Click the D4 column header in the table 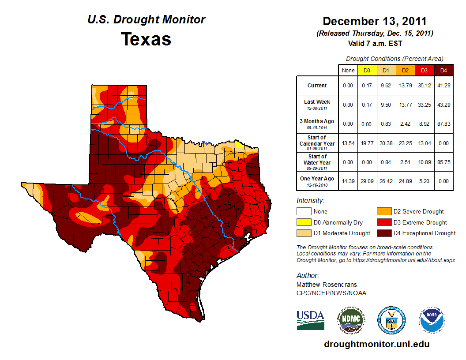pos(443,70)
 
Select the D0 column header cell pos(367,70)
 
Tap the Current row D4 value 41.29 pos(443,86)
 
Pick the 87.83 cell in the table pos(443,124)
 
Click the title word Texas pos(146,39)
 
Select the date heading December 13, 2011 pos(375,21)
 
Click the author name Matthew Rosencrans pos(327,285)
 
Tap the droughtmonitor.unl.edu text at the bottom pos(376,344)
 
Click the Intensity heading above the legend pos(310,200)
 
